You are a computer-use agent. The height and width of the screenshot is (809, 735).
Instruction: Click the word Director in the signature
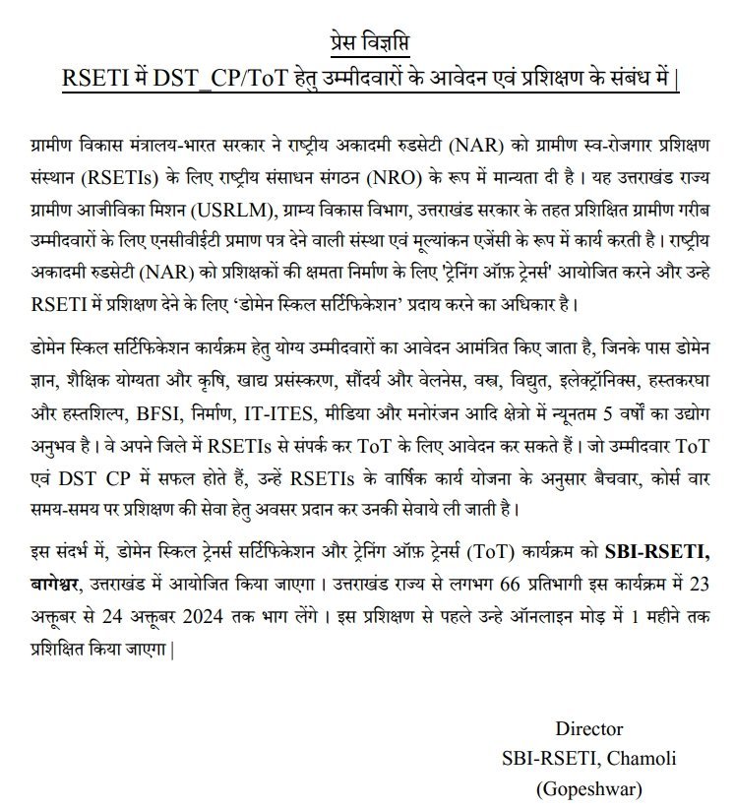(x=589, y=729)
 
